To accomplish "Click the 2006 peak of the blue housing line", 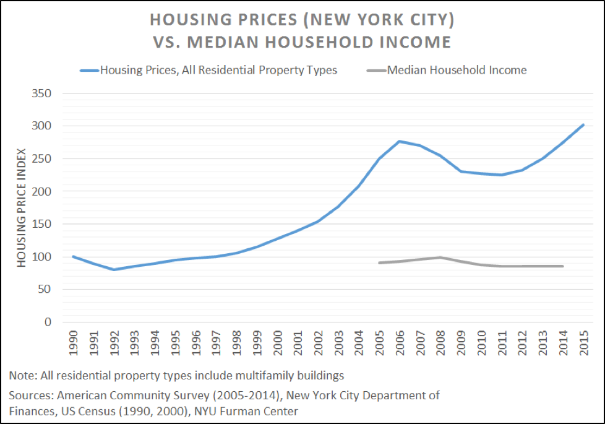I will point(399,141).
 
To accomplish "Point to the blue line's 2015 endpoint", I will point(583,125).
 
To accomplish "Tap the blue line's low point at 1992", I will point(114,269).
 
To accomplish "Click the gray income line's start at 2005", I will point(379,262).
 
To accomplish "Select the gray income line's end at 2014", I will point(563,266).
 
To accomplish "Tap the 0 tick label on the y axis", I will point(46,322).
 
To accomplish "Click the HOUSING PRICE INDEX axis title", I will point(22,208).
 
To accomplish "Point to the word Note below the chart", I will point(22,375).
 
